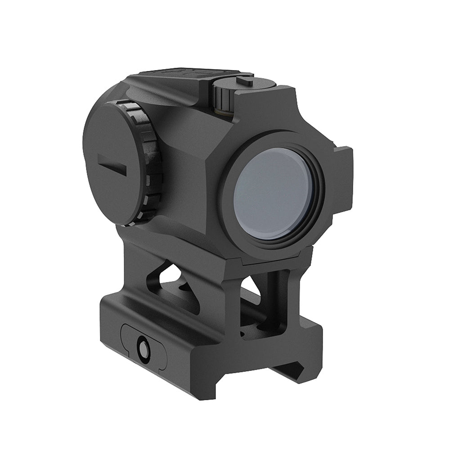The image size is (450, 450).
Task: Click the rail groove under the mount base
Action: [288, 369]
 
